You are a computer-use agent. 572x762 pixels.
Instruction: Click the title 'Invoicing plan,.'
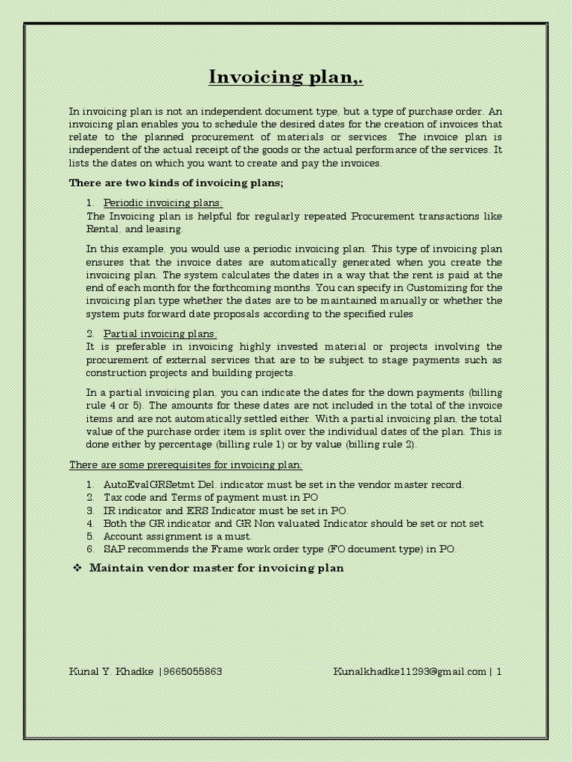tap(286, 77)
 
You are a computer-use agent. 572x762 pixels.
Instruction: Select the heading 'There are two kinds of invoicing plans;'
tap(177, 182)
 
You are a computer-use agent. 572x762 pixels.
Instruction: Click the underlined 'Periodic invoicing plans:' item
tap(162, 202)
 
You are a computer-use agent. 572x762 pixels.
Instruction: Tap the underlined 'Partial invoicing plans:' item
tap(159, 333)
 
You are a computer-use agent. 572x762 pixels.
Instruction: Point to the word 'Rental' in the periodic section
tap(102, 229)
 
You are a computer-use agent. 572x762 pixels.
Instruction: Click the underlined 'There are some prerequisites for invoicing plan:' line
tap(186, 464)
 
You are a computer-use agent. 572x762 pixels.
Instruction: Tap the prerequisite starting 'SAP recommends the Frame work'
tap(280, 549)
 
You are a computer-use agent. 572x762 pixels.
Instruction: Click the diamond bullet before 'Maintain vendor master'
tap(75, 569)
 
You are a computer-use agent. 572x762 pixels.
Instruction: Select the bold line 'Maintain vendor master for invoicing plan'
tap(217, 569)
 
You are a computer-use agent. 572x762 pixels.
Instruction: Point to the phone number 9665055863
tap(192, 671)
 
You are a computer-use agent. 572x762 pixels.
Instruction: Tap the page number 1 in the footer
tap(499, 671)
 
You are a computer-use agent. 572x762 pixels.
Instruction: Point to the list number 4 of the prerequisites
tap(89, 523)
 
